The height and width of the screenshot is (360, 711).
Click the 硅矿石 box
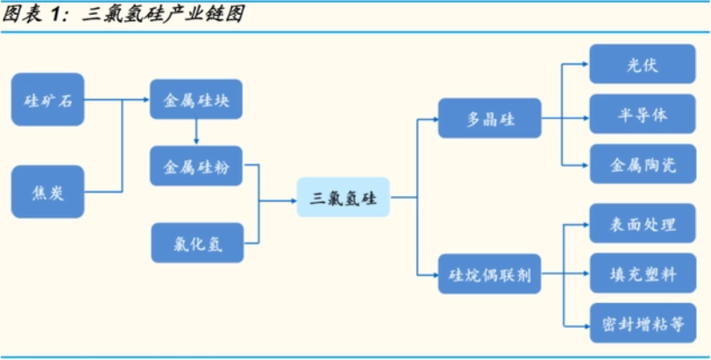click(x=47, y=100)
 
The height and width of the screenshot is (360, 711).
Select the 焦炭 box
click(x=47, y=192)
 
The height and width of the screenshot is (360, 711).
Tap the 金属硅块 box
click(x=196, y=100)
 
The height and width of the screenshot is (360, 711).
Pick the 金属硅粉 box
click(x=196, y=166)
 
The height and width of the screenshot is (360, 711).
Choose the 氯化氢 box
click(x=196, y=243)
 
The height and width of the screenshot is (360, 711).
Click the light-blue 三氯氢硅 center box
click(x=342, y=198)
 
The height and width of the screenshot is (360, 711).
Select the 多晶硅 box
click(x=490, y=118)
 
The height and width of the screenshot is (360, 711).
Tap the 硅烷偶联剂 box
click(x=490, y=278)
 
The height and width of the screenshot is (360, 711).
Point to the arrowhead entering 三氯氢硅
click(x=292, y=199)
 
